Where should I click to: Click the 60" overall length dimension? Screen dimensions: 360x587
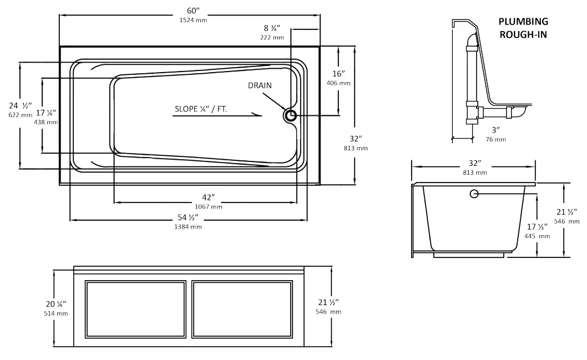click(x=193, y=10)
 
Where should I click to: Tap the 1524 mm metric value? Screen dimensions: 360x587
click(x=193, y=20)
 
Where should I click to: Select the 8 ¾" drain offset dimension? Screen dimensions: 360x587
click(x=272, y=28)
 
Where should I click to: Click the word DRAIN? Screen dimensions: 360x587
click(x=260, y=85)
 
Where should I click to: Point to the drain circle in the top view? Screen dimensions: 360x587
click(x=290, y=115)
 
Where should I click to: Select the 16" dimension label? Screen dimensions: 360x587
click(x=338, y=74)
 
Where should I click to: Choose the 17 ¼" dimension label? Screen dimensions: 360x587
click(x=45, y=113)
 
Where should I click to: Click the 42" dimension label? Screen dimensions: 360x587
click(x=209, y=197)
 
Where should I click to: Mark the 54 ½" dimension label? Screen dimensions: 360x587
click(x=189, y=217)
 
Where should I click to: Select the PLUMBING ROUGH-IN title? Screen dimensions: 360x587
click(x=523, y=27)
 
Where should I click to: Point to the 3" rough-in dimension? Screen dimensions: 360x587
click(x=495, y=130)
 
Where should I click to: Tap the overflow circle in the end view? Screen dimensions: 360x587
click(x=474, y=194)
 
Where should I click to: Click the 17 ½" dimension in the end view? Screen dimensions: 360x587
click(x=537, y=226)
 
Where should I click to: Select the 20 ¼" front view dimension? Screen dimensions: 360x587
click(x=56, y=304)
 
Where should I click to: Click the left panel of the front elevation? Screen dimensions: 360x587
click(x=135, y=309)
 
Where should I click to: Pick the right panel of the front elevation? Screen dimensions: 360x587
click(x=242, y=309)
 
